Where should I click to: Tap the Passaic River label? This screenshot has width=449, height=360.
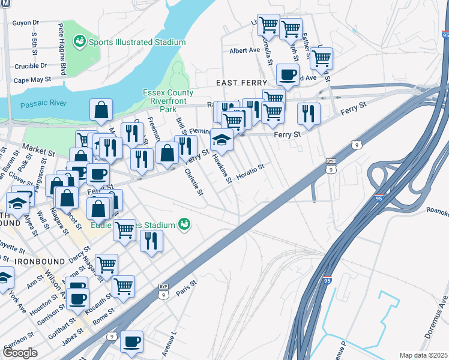point(43,104)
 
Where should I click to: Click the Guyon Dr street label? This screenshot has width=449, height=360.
point(26,22)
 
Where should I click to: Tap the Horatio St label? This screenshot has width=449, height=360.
point(250,172)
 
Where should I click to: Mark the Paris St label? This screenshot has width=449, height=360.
point(187,288)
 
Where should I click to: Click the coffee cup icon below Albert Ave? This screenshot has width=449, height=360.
point(287,75)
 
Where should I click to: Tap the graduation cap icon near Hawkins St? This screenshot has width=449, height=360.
point(221,140)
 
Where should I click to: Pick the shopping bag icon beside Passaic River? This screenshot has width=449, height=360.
point(101,110)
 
